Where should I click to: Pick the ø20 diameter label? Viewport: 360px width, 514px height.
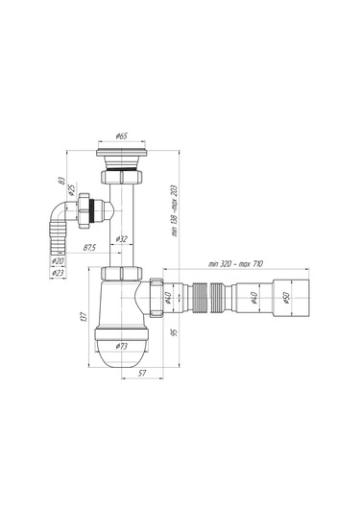(60, 261)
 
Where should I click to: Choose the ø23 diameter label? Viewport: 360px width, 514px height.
(60, 273)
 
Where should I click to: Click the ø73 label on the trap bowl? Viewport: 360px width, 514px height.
(123, 345)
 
